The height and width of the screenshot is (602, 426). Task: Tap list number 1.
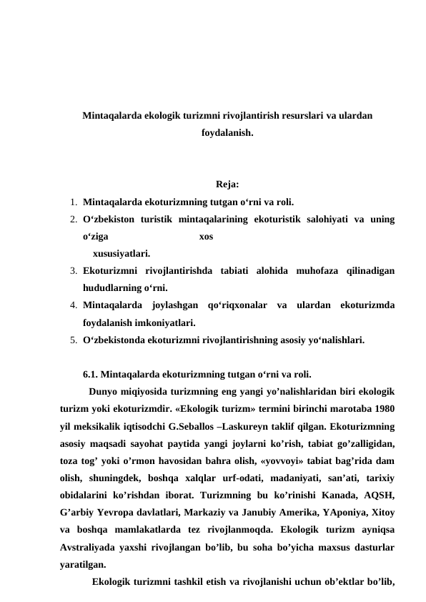[74, 202]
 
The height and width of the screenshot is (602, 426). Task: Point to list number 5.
[74, 341]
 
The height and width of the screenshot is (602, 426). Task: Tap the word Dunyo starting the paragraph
[104, 391]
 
